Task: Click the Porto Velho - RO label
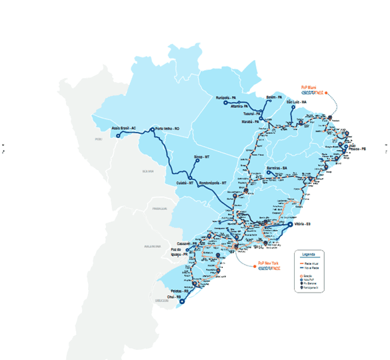pyautogui.click(x=167, y=129)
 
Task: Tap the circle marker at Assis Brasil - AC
pyautogui.click(x=119, y=136)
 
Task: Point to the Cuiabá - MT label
pyautogui.click(x=185, y=182)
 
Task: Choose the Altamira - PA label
pyautogui.click(x=240, y=106)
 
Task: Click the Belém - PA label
pyautogui.click(x=275, y=97)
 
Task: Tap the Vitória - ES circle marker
pyautogui.click(x=290, y=225)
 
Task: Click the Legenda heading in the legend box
pyautogui.click(x=309, y=255)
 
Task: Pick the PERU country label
pyautogui.click(x=98, y=139)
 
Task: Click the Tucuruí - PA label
pyautogui.click(x=253, y=114)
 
